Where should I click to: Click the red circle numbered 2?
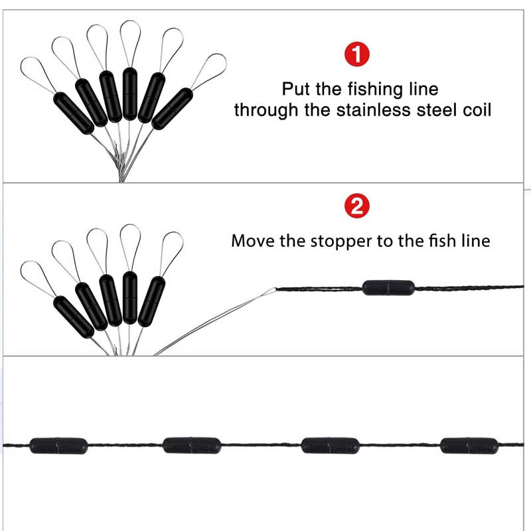[x=356, y=207]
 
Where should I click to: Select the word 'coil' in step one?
[x=477, y=110]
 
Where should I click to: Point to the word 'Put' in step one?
[x=296, y=89]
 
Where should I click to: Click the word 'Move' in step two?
[x=253, y=240]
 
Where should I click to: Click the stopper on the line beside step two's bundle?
[x=388, y=287]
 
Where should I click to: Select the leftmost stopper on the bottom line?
[x=58, y=445]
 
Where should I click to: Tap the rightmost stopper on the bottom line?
[x=469, y=445]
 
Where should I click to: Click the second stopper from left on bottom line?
[x=191, y=445]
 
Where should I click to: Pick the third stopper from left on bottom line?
[x=330, y=445]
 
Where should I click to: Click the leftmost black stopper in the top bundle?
[x=73, y=113]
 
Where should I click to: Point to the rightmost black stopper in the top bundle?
[x=171, y=108]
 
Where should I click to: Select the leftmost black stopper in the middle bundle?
[x=73, y=317]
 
